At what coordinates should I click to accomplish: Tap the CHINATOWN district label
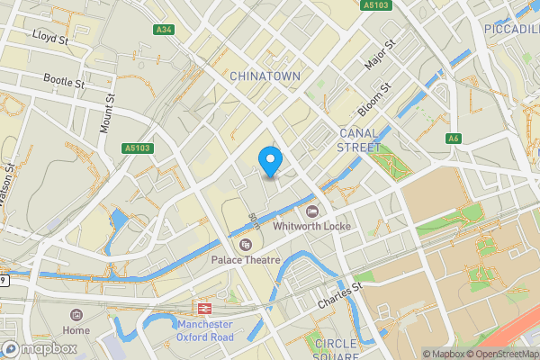point(265,76)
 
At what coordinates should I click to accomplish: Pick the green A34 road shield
point(164,30)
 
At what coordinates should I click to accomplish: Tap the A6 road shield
point(454,138)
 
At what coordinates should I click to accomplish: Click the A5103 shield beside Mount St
point(139,148)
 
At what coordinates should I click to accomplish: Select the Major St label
point(380,56)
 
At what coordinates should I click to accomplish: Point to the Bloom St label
point(376,100)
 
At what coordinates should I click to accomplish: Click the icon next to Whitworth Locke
point(312,211)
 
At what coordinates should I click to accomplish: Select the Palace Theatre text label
point(246,259)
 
